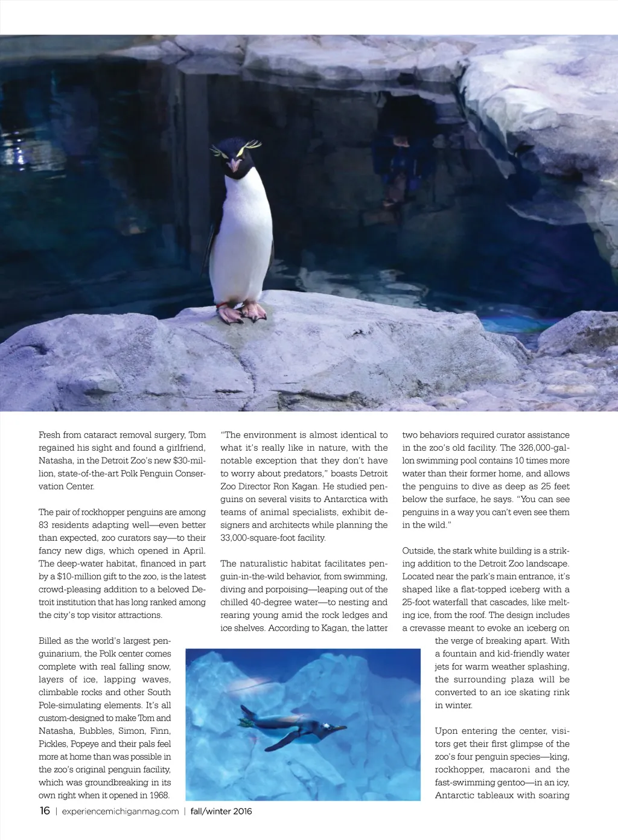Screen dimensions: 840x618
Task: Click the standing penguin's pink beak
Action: click(234, 164)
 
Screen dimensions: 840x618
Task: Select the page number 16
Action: click(45, 810)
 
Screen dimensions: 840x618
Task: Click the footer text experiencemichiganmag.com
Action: click(120, 811)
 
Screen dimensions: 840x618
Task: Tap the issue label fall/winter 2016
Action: click(221, 811)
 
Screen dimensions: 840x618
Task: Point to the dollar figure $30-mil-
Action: click(190, 460)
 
